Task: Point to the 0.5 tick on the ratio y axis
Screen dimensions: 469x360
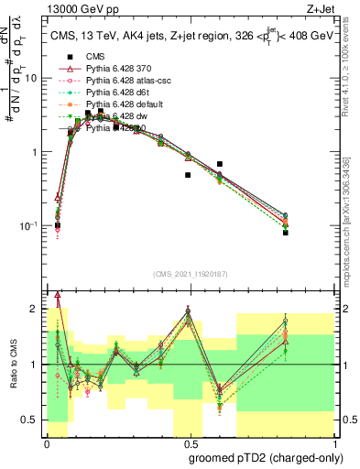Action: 32,420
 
